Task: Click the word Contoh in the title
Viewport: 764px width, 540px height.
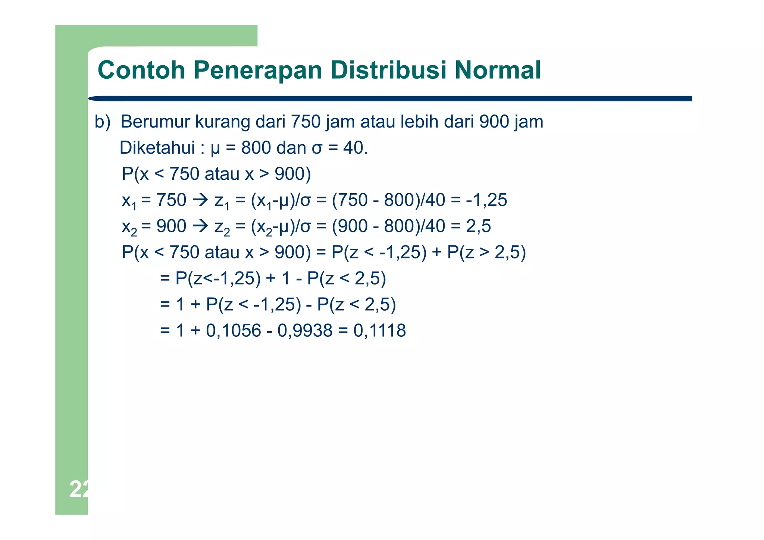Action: click(141, 70)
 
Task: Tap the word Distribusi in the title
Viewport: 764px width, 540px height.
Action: click(388, 70)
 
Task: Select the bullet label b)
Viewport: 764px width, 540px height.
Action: click(103, 122)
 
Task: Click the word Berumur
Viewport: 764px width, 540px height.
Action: click(155, 122)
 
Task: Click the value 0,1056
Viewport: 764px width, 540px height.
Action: click(234, 330)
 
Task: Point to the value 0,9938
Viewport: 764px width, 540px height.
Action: click(305, 330)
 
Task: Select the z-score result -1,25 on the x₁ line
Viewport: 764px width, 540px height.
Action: click(486, 200)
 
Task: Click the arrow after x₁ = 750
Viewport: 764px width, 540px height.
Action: click(200, 200)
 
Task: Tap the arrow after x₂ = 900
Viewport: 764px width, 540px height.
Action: click(200, 226)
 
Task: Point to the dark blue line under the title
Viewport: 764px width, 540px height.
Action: click(390, 98)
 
